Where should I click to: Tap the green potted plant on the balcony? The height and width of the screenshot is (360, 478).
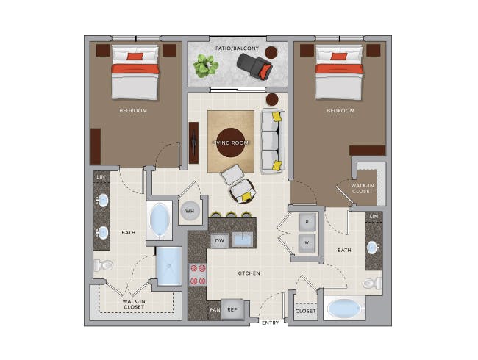point(205,66)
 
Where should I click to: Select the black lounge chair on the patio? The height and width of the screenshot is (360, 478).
point(255,68)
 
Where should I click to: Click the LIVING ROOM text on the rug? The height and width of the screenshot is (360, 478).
point(231,143)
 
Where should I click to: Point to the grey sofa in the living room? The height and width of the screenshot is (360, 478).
point(271,140)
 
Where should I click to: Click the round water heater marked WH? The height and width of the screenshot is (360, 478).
point(190,211)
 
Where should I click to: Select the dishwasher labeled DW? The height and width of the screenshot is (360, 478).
point(219,240)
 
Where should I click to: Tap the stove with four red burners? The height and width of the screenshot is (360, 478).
point(198,274)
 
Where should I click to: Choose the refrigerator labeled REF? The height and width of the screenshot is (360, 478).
point(232,310)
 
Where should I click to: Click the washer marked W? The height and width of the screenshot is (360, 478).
point(308,242)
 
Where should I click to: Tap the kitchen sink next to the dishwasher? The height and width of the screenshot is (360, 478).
point(243,239)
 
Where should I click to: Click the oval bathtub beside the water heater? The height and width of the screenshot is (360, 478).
point(160,220)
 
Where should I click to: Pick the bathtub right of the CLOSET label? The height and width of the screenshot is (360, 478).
point(344,308)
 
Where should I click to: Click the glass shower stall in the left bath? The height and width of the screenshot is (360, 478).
point(168,266)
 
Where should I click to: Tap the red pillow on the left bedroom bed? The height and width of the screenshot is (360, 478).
point(135,56)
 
